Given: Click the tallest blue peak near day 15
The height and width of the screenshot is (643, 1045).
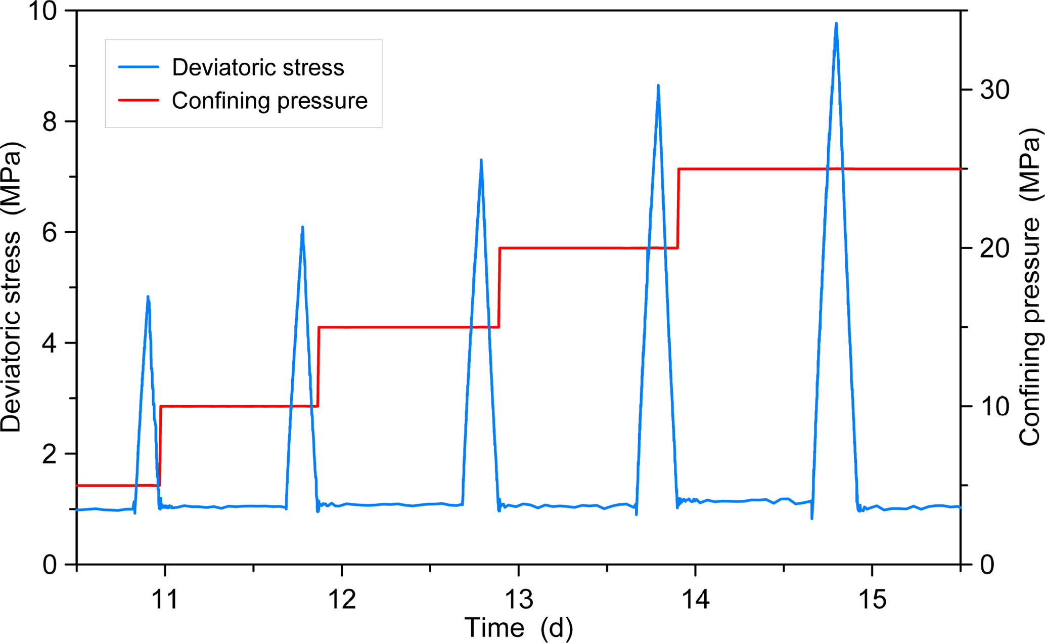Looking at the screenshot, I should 836,24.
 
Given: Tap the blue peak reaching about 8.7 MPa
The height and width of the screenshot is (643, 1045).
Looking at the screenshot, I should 658,86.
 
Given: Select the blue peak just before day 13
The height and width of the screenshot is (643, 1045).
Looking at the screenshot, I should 481,161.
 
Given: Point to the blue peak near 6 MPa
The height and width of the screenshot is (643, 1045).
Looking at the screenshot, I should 302,228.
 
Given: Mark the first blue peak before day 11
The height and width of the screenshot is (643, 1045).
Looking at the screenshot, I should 148,297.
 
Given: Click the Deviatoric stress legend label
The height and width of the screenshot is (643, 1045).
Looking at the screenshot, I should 258,67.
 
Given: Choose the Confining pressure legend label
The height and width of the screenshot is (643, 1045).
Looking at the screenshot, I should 269,101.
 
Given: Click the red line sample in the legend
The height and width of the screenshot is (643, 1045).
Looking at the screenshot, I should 139,100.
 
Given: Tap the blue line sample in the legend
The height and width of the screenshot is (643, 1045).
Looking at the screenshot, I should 139,67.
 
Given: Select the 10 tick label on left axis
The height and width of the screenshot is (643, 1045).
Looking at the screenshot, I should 43,11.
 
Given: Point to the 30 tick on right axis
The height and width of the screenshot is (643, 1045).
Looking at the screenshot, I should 994,90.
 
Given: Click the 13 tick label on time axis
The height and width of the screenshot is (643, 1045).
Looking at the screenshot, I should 519,599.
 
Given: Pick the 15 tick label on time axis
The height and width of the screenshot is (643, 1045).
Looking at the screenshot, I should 872,599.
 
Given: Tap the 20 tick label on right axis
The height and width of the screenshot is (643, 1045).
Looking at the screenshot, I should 994,248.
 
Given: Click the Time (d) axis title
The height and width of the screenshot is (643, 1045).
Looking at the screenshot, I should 519,628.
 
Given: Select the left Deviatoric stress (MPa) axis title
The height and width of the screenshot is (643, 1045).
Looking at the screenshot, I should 11,287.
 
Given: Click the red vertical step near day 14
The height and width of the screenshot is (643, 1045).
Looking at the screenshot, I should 678,208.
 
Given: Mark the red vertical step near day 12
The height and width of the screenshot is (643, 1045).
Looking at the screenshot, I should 318,367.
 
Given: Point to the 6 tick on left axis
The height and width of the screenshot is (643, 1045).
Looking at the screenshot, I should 50,232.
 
